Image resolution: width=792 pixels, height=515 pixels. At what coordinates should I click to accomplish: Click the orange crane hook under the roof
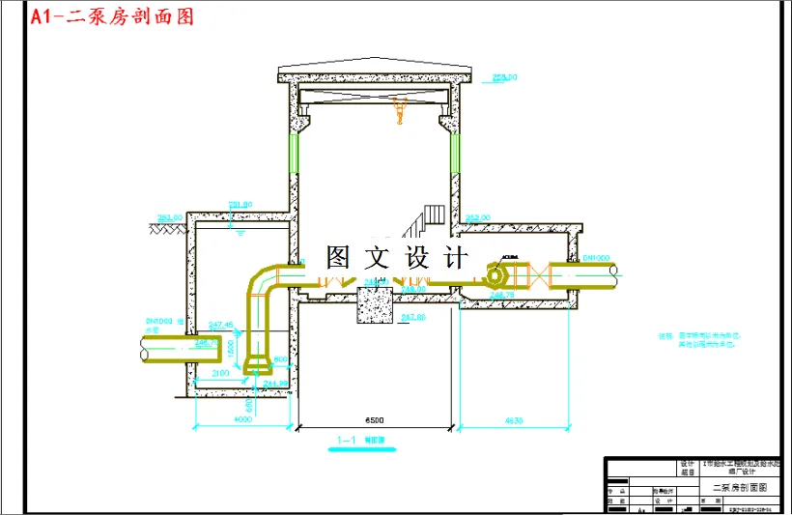coord(396,114)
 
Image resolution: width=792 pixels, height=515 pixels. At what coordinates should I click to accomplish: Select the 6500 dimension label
coord(375,420)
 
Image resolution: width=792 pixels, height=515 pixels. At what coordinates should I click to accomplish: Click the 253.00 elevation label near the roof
coord(504,76)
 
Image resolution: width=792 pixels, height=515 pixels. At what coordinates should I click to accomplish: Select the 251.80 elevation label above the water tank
coord(240,204)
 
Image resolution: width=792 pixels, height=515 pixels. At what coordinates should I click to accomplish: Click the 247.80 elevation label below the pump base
coord(412,317)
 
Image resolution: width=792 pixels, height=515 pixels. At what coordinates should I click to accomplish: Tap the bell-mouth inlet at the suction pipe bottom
coord(258,365)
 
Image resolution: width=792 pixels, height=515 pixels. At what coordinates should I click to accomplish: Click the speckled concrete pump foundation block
coord(375,306)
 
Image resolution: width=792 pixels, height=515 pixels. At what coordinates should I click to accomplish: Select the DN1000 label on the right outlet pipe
coord(597,258)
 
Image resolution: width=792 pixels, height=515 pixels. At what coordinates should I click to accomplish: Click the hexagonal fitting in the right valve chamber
coord(499,274)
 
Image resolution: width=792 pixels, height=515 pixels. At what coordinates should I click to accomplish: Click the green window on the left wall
coord(293,155)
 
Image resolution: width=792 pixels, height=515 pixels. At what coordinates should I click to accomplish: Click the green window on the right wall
coord(454,155)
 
